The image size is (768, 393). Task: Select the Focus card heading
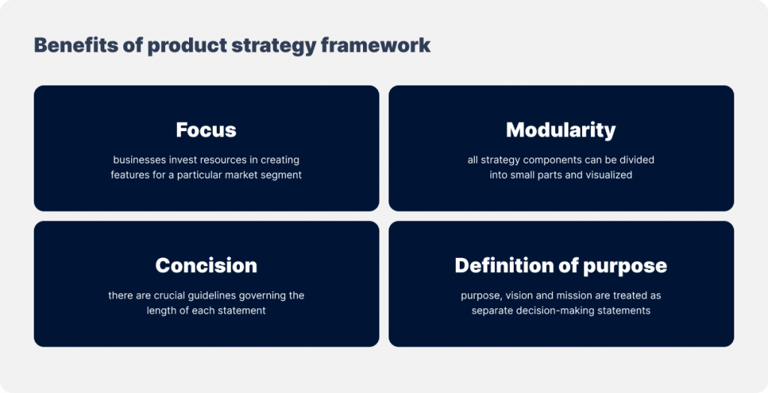click(206, 130)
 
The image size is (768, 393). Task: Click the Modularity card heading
click(561, 130)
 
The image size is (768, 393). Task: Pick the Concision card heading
click(206, 265)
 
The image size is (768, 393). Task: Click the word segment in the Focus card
click(279, 175)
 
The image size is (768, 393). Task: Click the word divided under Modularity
click(634, 160)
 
